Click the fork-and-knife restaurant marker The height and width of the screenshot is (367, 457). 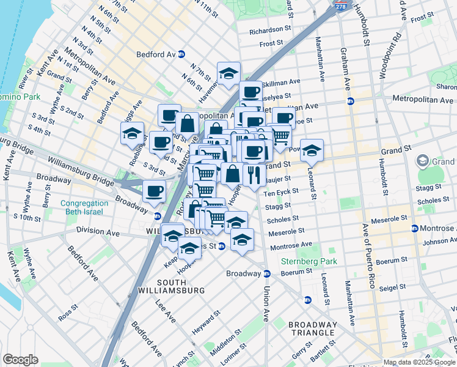tap(254, 174)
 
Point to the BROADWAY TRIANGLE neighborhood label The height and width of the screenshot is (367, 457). tap(312, 328)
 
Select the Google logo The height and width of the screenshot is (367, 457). tap(20, 360)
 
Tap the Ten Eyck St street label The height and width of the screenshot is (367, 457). tap(280, 191)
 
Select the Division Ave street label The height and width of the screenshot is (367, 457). tap(98, 232)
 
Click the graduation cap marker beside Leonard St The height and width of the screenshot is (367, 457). tap(312, 150)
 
